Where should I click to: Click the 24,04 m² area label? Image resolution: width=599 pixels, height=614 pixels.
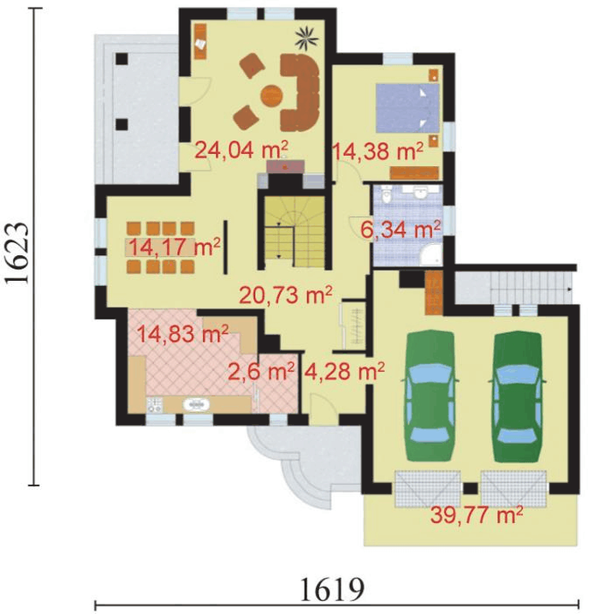click(x=241, y=150)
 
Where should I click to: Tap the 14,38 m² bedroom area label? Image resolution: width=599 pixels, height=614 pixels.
click(x=378, y=152)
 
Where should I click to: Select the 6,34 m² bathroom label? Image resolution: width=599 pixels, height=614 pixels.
click(x=400, y=230)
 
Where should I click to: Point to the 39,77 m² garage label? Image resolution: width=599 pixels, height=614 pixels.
click(x=477, y=515)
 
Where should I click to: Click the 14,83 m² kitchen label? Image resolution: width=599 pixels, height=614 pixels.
click(x=183, y=334)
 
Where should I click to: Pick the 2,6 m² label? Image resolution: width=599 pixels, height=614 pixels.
click(x=261, y=371)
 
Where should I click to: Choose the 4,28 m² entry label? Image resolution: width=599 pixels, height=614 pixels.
click(x=344, y=371)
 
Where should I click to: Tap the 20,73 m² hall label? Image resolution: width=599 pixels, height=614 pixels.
click(x=286, y=295)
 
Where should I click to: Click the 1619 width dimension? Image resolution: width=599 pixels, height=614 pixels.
click(x=332, y=588)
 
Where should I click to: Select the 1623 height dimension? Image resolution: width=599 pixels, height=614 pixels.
click(x=17, y=253)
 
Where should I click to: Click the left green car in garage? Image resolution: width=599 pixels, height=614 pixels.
click(x=430, y=396)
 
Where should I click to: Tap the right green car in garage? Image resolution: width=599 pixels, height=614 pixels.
click(x=517, y=396)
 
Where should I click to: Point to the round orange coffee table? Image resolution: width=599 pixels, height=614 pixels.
click(x=271, y=95)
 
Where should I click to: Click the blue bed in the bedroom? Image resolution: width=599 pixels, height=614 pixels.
click(x=407, y=108)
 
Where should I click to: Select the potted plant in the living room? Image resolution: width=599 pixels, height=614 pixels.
click(x=307, y=38)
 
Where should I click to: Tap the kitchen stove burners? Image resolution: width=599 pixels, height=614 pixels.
click(x=155, y=404)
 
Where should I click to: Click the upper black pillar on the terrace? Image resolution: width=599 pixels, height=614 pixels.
click(x=122, y=59)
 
